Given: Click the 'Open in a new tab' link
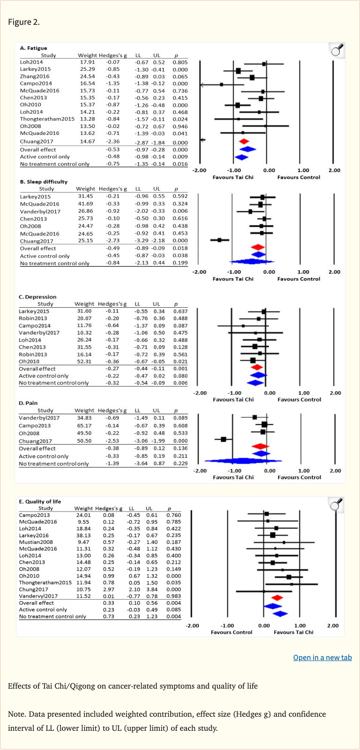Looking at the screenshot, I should (x=322, y=657).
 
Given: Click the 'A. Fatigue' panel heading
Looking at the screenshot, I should (x=33, y=48).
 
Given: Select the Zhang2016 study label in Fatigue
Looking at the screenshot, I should (x=34, y=76).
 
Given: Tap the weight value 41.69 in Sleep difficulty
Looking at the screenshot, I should (x=85, y=204).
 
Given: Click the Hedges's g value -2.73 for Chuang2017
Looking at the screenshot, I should (x=112, y=241).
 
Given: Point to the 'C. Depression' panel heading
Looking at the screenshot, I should (x=37, y=297).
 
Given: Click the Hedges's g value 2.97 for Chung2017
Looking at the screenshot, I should (x=108, y=589).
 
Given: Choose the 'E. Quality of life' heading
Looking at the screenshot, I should (x=40, y=501).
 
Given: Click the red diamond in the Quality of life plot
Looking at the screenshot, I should (x=277, y=598).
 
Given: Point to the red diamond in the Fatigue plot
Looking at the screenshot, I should (x=244, y=141).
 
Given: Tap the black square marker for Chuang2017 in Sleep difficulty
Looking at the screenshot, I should (x=219, y=240).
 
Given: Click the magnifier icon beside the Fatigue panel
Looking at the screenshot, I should (x=337, y=50).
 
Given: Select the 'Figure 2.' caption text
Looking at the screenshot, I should (x=24, y=22).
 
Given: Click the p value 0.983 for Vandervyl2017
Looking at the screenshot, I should (x=173, y=596).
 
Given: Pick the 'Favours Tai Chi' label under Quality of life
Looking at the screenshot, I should (x=293, y=632).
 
